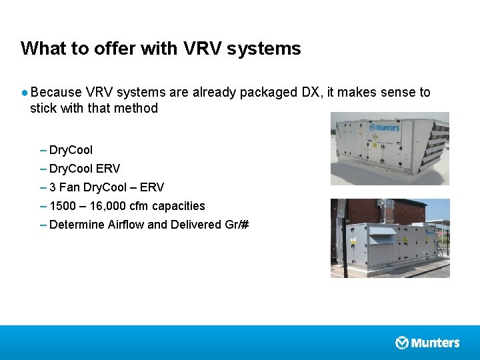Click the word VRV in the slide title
[x=199, y=49]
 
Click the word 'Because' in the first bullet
[x=56, y=92]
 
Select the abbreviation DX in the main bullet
[x=311, y=92]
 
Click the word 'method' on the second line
[x=136, y=108]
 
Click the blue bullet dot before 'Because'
[x=24, y=92]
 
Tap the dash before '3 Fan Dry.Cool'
[x=43, y=187]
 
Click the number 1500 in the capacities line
[x=63, y=206]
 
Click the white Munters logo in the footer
[x=427, y=343]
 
